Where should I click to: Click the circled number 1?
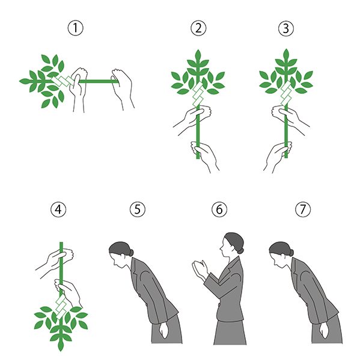coord(76,28)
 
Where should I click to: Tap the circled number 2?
coord(198,28)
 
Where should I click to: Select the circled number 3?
coord(286,28)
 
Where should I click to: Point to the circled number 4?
coord(58,209)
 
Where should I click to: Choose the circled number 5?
coord(138,209)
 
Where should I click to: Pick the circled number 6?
coord(219,209)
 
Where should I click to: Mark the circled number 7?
coord(303,209)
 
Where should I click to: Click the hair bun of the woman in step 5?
coord(130,252)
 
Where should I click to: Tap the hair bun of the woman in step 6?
coord(240,250)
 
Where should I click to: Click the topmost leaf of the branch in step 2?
coord(198,55)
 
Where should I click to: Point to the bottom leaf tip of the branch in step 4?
coord(61,351)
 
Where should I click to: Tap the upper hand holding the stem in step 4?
coord(56,260)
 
